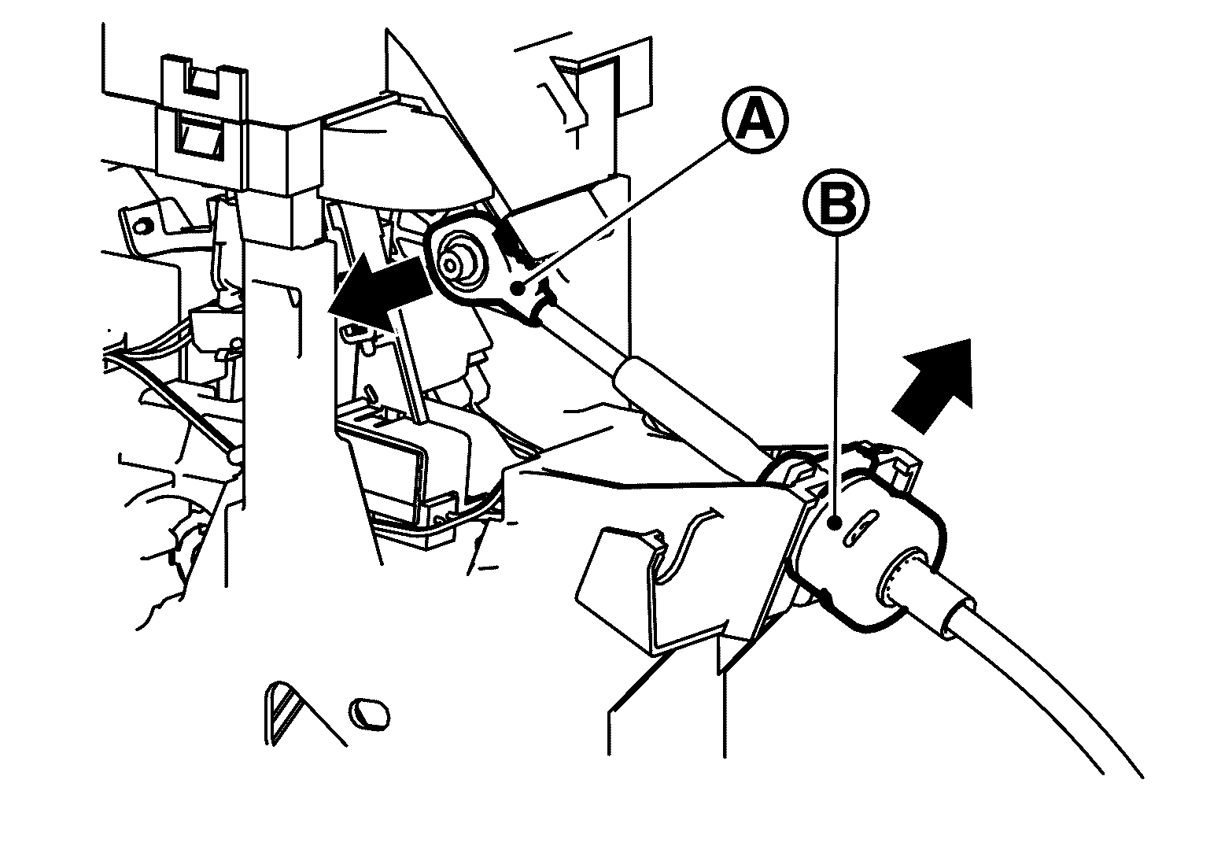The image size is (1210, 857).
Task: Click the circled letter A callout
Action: point(755,120)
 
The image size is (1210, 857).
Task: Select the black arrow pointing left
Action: point(380,294)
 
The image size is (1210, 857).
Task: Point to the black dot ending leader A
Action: point(520,290)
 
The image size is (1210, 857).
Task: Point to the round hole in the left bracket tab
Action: point(141,225)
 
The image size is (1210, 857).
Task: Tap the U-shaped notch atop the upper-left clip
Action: point(205,82)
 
